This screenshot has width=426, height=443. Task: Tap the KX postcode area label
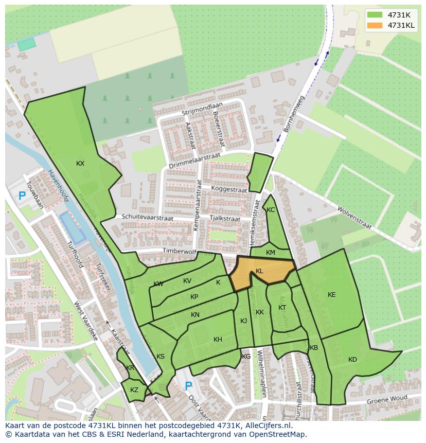point(80,164)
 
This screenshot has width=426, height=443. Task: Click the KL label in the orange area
point(259,271)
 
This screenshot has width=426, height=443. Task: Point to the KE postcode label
point(332,295)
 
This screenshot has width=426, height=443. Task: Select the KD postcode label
point(352,360)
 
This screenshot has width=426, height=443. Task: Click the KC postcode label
point(271,210)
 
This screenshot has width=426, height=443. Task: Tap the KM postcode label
point(271,253)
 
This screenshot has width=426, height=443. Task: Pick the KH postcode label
point(218,340)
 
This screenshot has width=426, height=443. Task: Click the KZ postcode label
point(134,390)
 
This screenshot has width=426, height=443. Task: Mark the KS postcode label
point(161,357)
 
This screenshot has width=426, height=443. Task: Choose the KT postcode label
point(282,308)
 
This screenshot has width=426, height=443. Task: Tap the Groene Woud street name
point(386,400)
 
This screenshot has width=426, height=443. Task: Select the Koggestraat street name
point(229,189)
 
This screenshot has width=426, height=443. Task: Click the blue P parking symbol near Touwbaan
point(22,196)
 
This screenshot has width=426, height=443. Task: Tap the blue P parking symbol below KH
point(188,386)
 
